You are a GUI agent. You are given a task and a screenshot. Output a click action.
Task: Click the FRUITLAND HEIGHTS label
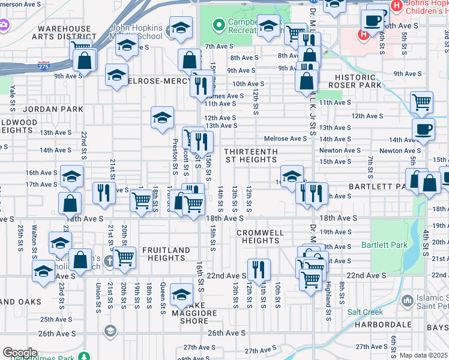(166, 254)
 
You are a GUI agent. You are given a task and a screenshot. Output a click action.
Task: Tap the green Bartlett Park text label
(384, 245)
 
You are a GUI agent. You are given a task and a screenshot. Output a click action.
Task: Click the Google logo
(19, 352)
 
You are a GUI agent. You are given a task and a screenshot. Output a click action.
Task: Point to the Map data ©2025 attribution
(423, 355)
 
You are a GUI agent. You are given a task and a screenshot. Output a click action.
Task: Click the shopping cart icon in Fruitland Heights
(124, 257)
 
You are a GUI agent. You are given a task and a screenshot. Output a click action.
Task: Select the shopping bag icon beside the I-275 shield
(85, 59)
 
